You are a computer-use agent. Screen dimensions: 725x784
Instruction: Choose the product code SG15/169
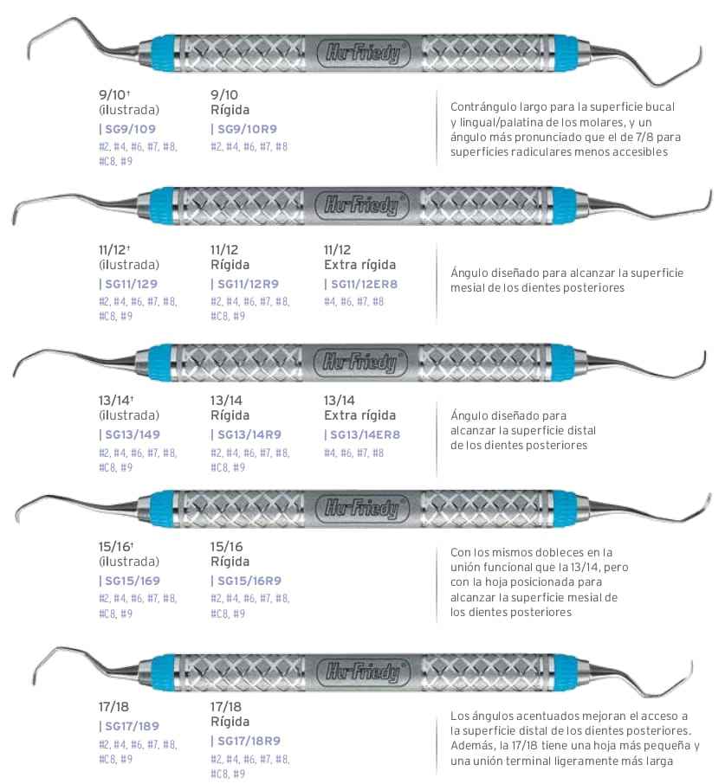pyautogui.click(x=132, y=581)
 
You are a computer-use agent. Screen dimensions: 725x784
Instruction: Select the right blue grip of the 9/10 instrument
pyautogui.click(x=559, y=53)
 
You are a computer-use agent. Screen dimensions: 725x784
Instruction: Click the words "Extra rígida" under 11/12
pyautogui.click(x=359, y=265)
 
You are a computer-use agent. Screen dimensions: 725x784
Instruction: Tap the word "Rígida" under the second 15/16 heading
pyautogui.click(x=230, y=562)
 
